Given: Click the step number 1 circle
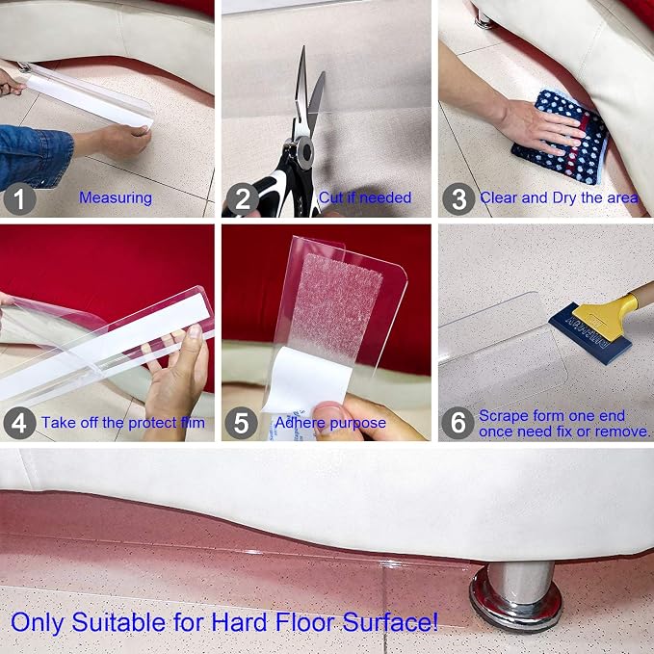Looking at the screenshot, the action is (19, 198).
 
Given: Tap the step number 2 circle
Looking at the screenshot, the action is (243, 198).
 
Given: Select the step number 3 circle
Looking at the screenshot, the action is (458, 198).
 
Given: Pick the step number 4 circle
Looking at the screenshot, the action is (19, 423).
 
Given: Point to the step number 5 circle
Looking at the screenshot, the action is (241, 423).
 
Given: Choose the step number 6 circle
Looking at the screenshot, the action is (458, 423).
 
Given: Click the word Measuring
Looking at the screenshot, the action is (116, 198).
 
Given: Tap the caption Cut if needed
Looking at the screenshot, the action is (365, 197).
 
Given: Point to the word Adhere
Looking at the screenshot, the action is (295, 423).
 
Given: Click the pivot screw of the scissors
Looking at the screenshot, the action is (305, 152).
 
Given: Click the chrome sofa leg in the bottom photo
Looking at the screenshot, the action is (516, 594).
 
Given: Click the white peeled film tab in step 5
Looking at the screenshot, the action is (307, 379).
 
